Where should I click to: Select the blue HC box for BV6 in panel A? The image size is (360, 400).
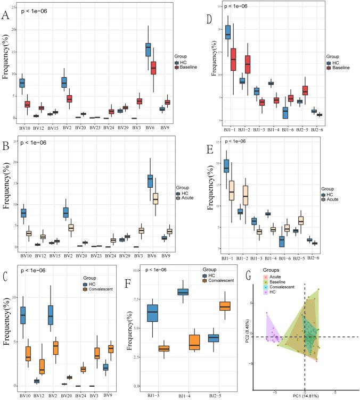(x=148, y=49)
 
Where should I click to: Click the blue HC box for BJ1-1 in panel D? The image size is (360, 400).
(x=228, y=32)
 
